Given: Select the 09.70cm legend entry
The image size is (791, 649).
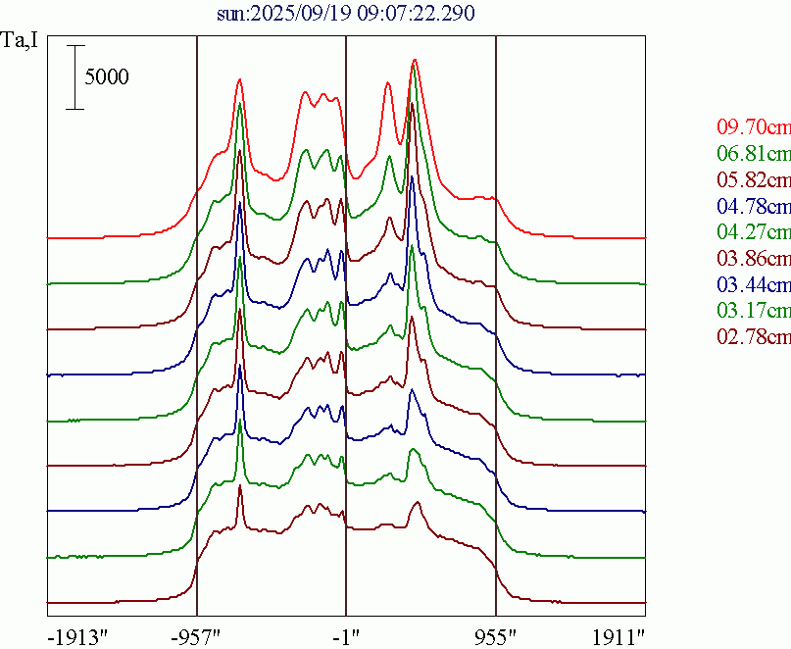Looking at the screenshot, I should coord(753,126).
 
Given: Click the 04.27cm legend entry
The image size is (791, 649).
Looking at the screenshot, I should coord(753,232).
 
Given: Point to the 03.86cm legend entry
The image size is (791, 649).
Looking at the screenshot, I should coord(753,259).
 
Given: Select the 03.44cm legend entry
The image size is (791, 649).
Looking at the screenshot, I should coord(753,285).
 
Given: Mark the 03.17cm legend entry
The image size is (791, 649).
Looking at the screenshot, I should coord(753,312).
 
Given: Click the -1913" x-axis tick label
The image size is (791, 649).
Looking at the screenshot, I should coord(77,635).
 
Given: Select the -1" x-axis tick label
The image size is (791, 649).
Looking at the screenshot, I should coord(346,635).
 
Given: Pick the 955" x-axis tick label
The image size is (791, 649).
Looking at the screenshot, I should coord(495,635).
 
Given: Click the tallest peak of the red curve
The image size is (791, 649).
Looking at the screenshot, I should coord(415,60).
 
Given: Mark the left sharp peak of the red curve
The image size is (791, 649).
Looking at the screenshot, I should coord(239,81).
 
